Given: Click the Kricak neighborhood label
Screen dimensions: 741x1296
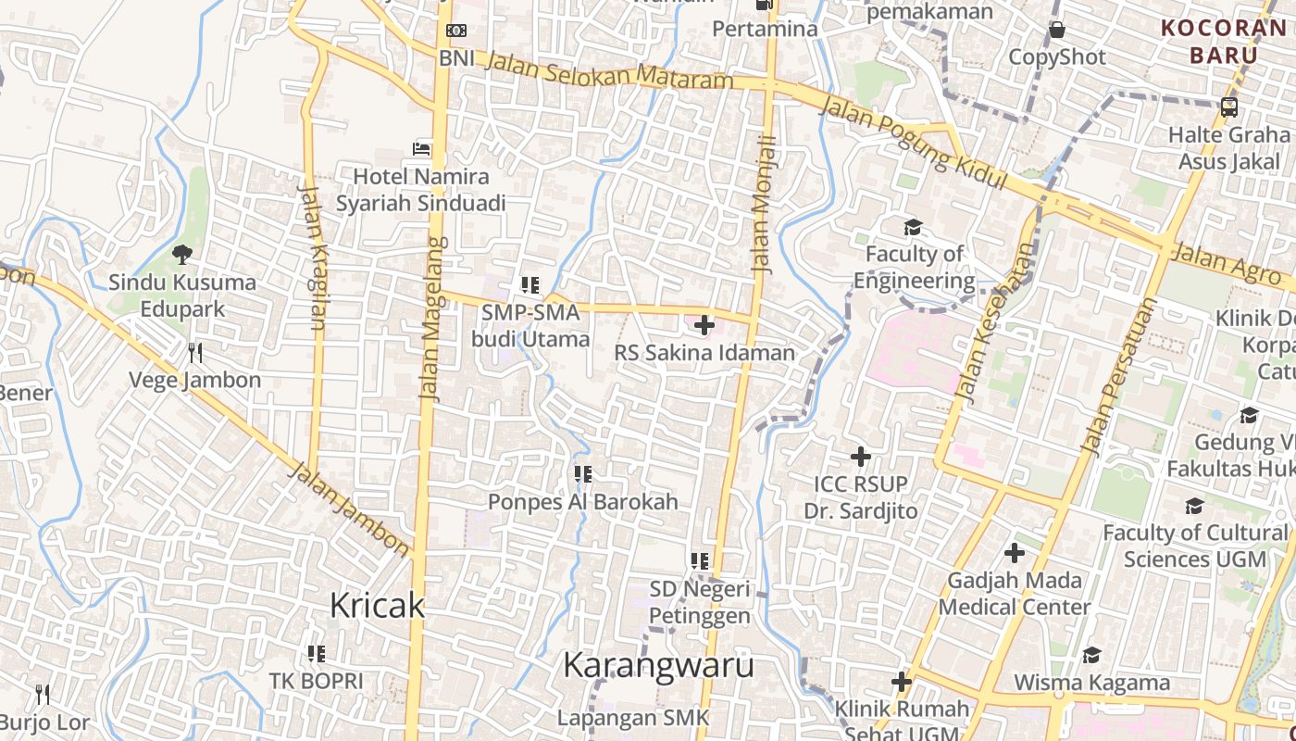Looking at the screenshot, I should click(377, 606).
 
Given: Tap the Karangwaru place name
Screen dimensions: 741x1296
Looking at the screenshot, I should click(658, 665).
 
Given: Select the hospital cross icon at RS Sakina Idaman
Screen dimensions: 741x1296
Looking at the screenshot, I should click(704, 325).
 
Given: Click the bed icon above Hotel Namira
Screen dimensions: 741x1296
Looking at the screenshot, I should click(422, 148).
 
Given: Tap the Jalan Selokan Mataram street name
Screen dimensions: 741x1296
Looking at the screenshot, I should click(608, 71).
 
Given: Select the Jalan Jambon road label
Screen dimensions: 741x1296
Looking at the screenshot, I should click(350, 509).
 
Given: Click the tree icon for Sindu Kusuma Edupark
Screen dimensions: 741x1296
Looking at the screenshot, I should click(181, 254).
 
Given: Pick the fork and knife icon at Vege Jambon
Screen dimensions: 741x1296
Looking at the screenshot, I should click(194, 353).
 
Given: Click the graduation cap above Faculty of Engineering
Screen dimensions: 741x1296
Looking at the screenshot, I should click(914, 227).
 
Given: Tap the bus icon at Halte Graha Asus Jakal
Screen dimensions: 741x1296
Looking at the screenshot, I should click(1229, 107).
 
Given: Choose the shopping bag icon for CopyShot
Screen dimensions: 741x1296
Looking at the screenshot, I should click(1057, 30).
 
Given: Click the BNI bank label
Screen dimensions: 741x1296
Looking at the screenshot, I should click(456, 57).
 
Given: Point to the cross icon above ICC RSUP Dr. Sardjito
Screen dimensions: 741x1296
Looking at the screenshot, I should click(861, 457).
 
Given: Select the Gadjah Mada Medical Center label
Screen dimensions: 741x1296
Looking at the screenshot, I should click(1015, 594).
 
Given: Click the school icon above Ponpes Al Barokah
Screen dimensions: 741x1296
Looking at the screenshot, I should click(583, 474).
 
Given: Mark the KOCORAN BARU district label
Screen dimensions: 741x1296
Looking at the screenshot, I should click(1224, 41).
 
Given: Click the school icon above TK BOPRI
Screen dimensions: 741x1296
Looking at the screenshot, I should click(317, 654).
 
